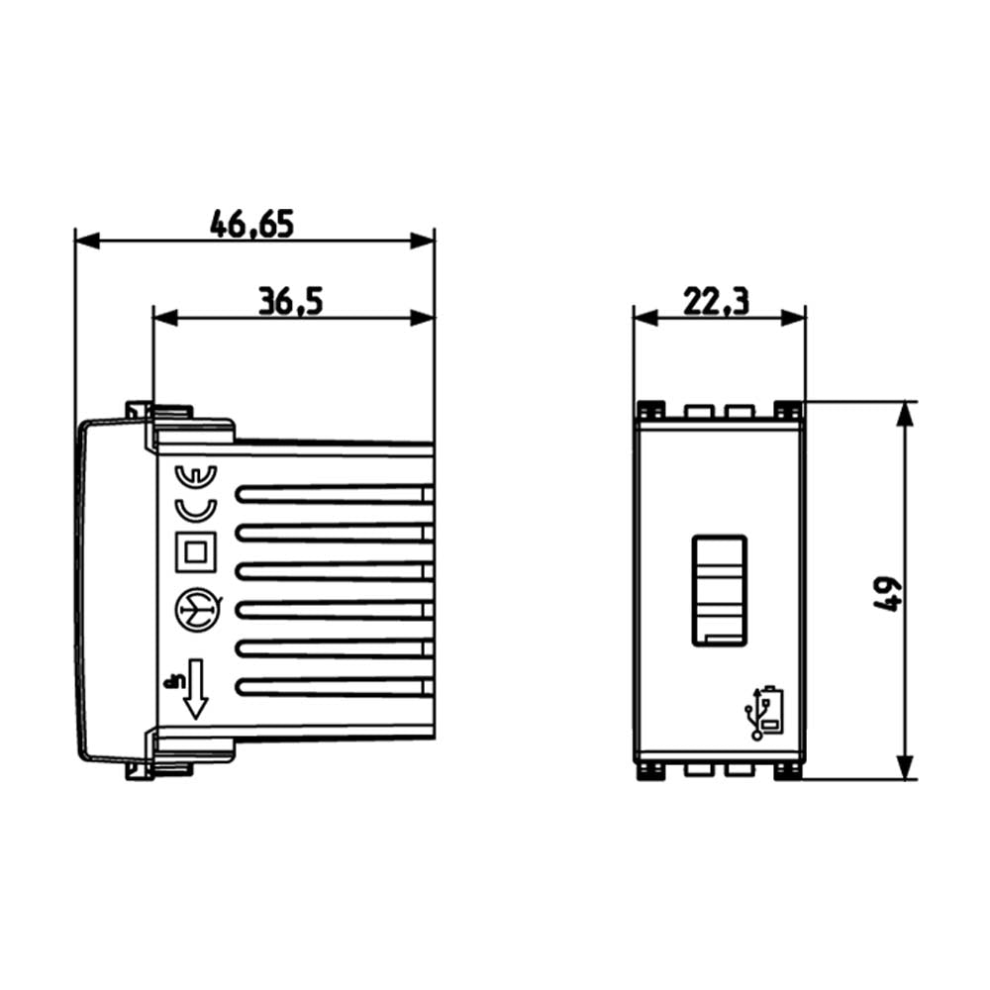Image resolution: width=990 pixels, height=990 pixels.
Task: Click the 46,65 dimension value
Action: point(251,225)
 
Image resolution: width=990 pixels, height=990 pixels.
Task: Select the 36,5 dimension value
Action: point(291,301)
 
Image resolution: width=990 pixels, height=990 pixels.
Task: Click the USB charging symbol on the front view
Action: point(764,713)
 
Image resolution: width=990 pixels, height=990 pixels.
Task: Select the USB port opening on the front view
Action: point(720,590)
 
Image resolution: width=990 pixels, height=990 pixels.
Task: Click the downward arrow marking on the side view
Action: point(195,690)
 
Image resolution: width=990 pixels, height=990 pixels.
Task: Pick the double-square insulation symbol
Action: point(194,550)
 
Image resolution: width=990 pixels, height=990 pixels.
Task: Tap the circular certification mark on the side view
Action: point(194,607)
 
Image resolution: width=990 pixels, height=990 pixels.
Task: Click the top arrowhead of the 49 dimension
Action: point(903,414)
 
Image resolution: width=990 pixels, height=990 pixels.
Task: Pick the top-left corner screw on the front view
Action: point(649,409)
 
